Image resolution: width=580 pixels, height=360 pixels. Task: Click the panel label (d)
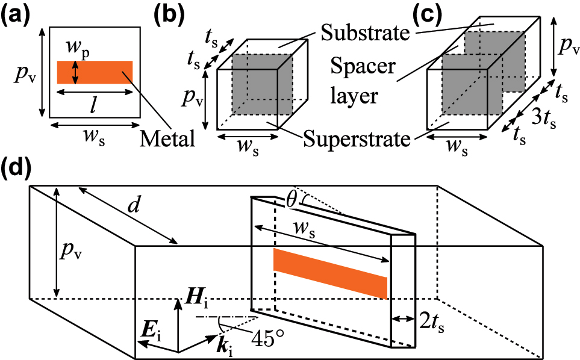point(16,169)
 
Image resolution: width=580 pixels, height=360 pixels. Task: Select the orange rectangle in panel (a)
point(95,72)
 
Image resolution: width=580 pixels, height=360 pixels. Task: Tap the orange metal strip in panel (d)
point(330,273)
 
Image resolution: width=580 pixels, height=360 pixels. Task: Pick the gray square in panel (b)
point(262,84)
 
